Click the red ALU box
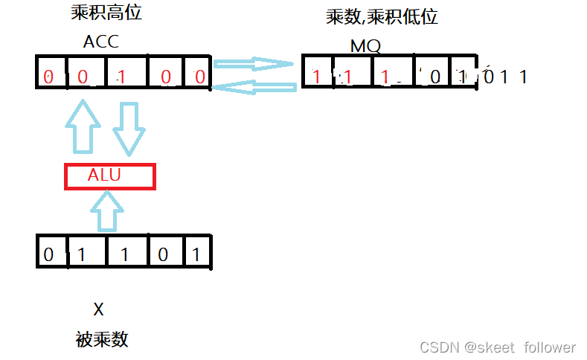click(109, 176)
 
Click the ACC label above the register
click(100, 42)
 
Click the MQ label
click(365, 46)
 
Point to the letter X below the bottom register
click(99, 309)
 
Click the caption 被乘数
click(102, 340)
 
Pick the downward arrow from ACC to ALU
click(129, 129)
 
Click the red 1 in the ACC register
click(121, 76)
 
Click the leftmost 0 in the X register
click(48, 255)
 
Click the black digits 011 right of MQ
click(505, 76)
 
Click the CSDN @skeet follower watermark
click(498, 347)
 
